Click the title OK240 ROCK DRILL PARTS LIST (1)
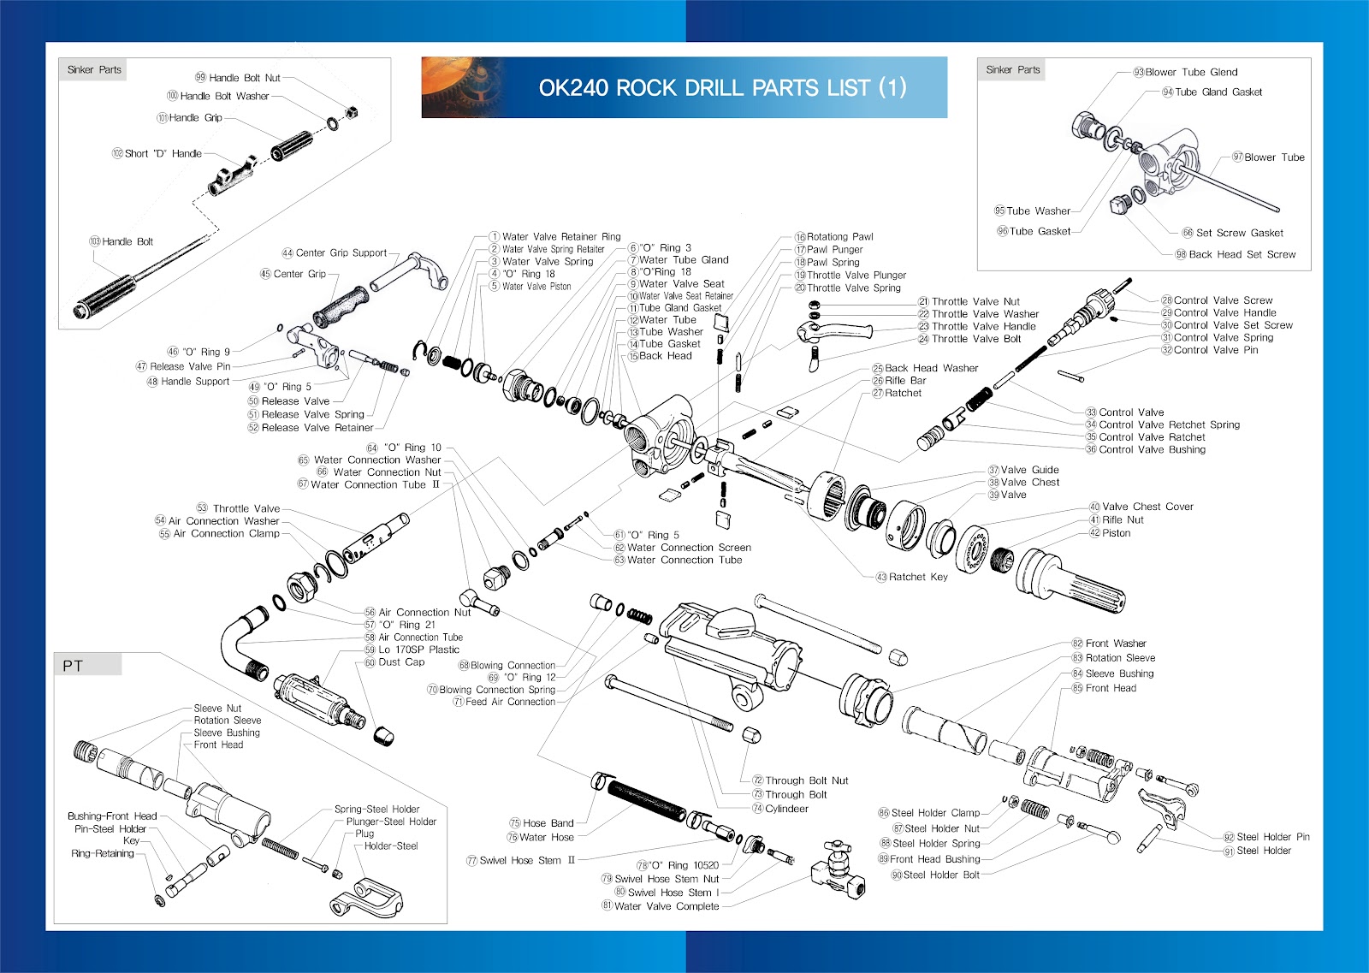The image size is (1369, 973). tap(722, 87)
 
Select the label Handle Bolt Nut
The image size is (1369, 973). tap(244, 78)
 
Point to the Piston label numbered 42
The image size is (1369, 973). tap(1116, 533)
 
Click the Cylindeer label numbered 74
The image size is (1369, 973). tap(785, 809)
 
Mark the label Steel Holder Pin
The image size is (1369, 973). tap(1272, 837)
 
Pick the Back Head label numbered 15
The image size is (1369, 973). tap(665, 356)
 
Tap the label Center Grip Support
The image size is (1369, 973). tap(341, 253)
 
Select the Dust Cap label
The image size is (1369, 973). tap(401, 662)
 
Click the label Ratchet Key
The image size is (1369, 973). tap(917, 577)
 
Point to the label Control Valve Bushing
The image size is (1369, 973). tap(1151, 449)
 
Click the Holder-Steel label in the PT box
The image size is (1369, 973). tap(391, 846)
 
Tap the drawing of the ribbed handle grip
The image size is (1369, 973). tap(291, 146)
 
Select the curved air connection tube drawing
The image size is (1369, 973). tap(241, 642)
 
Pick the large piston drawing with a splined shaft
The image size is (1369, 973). tap(1070, 582)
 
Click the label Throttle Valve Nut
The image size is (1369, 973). tap(975, 301)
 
